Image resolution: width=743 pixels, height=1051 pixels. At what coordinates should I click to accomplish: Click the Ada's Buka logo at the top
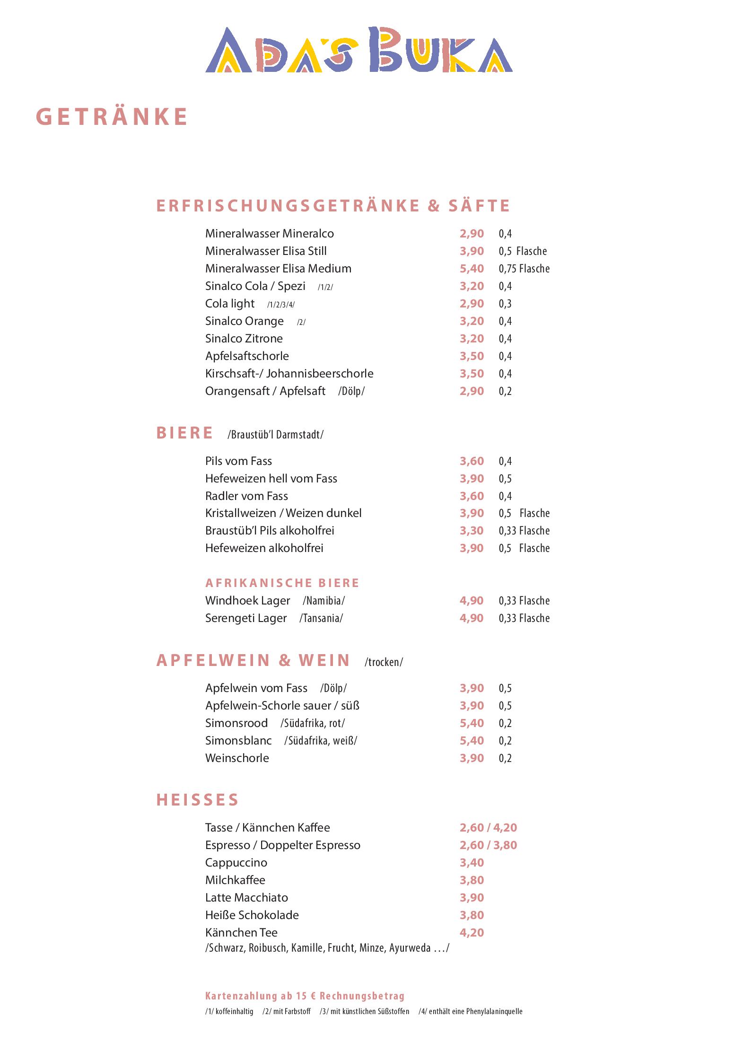point(358,50)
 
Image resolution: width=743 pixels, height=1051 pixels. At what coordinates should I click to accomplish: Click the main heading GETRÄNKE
point(112,117)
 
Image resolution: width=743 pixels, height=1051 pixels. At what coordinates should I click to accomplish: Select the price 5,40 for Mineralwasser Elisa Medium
point(472,269)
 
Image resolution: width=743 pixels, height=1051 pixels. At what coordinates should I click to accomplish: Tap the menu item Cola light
point(230,304)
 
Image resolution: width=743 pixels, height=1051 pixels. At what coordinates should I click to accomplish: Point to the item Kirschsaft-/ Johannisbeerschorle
point(289,374)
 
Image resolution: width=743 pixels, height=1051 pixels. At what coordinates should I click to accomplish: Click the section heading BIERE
point(184,433)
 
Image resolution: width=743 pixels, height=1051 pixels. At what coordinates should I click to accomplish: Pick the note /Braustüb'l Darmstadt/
point(275,435)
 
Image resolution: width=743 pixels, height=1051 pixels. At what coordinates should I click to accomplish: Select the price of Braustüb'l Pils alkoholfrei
point(472,531)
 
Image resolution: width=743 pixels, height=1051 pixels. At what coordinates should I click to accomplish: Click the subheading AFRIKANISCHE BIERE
point(282,583)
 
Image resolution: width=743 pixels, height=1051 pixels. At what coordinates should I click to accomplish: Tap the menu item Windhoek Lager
point(247,601)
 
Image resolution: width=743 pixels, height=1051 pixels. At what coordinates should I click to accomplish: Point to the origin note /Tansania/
point(321,618)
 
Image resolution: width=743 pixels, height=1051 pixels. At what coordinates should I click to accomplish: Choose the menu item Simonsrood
point(236,723)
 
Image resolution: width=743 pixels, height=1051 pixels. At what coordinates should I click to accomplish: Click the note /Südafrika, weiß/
point(321,741)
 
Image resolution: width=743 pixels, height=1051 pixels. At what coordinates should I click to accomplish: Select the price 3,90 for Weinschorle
point(472,758)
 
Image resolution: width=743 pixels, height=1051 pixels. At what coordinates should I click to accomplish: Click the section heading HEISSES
point(197,800)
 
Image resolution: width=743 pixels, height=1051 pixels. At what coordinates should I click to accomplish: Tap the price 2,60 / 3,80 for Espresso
point(488,845)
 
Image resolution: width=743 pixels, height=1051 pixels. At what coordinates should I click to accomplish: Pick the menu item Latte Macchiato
point(246,898)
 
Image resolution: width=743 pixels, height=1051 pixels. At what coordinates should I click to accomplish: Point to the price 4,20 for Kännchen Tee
point(472,933)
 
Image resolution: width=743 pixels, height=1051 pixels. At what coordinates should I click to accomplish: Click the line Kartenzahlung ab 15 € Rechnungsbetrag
point(305,996)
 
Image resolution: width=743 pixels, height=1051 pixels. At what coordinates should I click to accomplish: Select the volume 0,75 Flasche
point(524,269)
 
